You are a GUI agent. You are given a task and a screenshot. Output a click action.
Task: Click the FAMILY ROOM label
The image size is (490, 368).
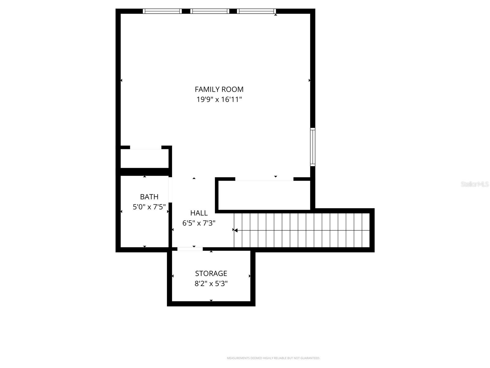(219, 89)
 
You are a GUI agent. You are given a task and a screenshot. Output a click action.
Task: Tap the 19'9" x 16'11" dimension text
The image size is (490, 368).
(219, 99)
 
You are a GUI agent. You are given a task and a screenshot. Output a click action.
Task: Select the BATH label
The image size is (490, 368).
(149, 197)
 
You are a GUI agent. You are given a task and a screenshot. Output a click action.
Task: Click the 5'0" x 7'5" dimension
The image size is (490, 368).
(149, 207)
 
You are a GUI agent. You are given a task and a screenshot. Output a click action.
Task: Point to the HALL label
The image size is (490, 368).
(199, 213)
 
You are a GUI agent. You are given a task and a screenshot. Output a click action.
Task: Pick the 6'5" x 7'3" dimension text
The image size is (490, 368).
(199, 223)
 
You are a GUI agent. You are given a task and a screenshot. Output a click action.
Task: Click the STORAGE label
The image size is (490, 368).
(211, 273)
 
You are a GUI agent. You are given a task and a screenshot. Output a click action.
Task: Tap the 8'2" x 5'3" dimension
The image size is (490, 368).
(211, 284)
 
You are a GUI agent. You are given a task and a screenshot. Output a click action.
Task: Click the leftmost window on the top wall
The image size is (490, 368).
(162, 11)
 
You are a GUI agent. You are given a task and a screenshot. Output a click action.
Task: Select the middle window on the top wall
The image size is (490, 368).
(209, 11)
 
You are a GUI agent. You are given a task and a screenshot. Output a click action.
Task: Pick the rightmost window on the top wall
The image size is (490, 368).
(256, 11)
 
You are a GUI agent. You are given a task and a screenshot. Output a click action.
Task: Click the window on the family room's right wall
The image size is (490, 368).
(313, 147)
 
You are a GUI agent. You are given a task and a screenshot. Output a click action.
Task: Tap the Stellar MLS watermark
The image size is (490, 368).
(474, 184)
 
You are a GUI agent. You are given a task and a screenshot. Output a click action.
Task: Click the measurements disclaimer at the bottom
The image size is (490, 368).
(273, 358)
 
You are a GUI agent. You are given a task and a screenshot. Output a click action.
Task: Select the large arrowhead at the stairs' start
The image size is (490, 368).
(236, 230)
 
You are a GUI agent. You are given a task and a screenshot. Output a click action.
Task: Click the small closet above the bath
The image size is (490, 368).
(144, 158)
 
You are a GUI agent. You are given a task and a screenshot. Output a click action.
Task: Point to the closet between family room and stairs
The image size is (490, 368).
(264, 195)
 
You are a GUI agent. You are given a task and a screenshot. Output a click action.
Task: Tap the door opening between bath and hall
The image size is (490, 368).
(170, 190)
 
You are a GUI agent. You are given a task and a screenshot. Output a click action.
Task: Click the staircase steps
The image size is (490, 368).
(302, 230)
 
